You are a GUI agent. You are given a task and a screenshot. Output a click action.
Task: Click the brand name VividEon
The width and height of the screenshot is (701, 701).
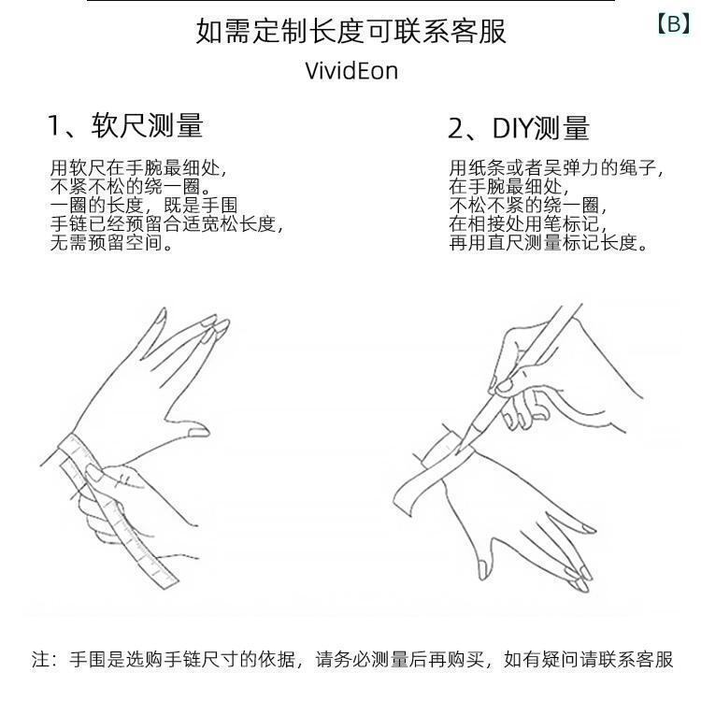[x=351, y=71]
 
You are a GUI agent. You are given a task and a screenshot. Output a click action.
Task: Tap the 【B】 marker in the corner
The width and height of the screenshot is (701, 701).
[x=674, y=23]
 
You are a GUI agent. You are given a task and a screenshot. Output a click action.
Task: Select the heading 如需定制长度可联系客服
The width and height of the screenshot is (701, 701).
[x=350, y=31]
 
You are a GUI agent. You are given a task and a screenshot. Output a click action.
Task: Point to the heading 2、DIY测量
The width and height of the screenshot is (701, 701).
[x=519, y=128]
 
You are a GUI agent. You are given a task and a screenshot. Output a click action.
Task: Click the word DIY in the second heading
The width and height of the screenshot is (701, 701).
[x=512, y=128]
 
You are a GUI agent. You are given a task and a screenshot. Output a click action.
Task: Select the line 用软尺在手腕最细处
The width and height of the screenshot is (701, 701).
[x=138, y=168]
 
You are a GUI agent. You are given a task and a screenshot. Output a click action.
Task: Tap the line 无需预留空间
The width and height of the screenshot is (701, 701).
[x=111, y=243]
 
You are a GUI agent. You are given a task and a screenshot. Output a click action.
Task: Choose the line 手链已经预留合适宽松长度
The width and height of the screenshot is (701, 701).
[x=166, y=224]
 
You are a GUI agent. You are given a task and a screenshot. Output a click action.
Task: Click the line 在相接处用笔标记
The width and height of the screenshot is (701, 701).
[x=528, y=224]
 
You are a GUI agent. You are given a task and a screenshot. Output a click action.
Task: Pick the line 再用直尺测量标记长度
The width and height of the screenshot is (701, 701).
[x=549, y=243]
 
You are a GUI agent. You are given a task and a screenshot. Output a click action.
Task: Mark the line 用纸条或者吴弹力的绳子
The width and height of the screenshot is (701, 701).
[x=557, y=168]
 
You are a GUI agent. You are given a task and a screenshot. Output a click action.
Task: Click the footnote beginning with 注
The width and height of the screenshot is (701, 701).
[x=352, y=660]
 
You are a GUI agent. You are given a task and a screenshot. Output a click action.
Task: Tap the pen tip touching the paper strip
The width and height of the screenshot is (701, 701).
[x=457, y=451]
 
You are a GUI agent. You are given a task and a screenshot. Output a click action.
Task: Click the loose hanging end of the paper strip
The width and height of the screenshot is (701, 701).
[x=404, y=497]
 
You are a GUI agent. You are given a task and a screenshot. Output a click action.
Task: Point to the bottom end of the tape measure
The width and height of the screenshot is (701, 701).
[x=166, y=579]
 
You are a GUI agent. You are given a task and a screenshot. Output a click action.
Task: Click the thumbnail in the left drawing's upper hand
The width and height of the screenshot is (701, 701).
[x=198, y=432]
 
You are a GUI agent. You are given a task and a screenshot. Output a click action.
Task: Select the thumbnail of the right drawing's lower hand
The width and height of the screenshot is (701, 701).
[x=482, y=569]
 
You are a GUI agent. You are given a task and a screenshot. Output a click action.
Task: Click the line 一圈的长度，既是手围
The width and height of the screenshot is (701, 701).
[x=144, y=206]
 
